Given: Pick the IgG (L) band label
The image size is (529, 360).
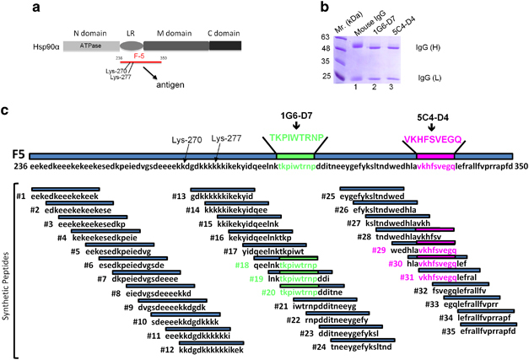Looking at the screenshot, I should [439, 78].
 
